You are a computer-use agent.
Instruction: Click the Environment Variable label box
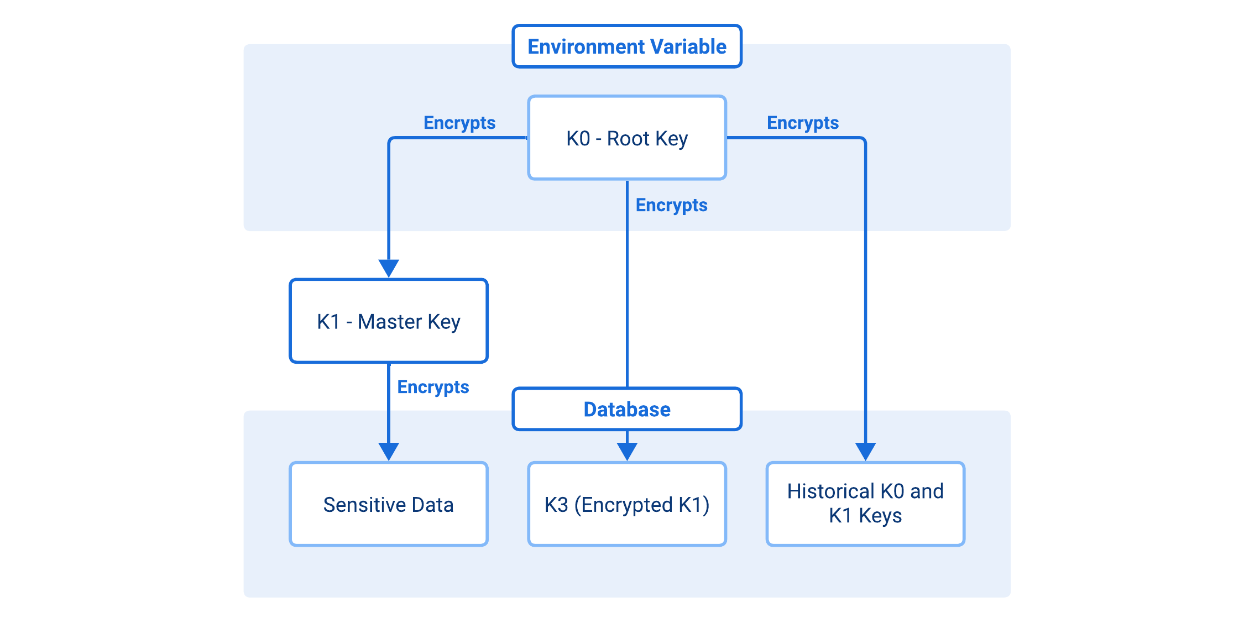point(626,46)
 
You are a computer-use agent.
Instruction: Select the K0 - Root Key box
point(626,138)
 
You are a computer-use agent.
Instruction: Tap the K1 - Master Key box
point(388,321)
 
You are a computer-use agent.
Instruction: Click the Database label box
point(626,409)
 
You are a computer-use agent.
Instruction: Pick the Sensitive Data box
point(388,504)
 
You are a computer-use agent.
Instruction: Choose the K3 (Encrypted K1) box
point(626,504)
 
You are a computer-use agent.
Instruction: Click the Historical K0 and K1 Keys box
point(865,504)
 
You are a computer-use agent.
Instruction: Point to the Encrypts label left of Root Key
point(459,123)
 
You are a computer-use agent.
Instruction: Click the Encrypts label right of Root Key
point(802,123)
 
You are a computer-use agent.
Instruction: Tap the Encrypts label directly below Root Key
point(671,205)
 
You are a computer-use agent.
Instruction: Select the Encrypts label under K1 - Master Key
point(433,387)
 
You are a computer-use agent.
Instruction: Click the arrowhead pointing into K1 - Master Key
point(389,268)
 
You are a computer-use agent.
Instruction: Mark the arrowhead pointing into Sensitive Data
point(389,451)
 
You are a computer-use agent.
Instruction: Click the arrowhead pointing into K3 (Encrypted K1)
point(627,451)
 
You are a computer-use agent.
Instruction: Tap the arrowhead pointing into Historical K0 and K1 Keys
point(865,451)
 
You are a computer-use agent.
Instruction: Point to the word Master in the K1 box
point(389,321)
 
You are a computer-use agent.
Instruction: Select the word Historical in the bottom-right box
point(830,491)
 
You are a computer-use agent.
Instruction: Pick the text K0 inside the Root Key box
point(578,138)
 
